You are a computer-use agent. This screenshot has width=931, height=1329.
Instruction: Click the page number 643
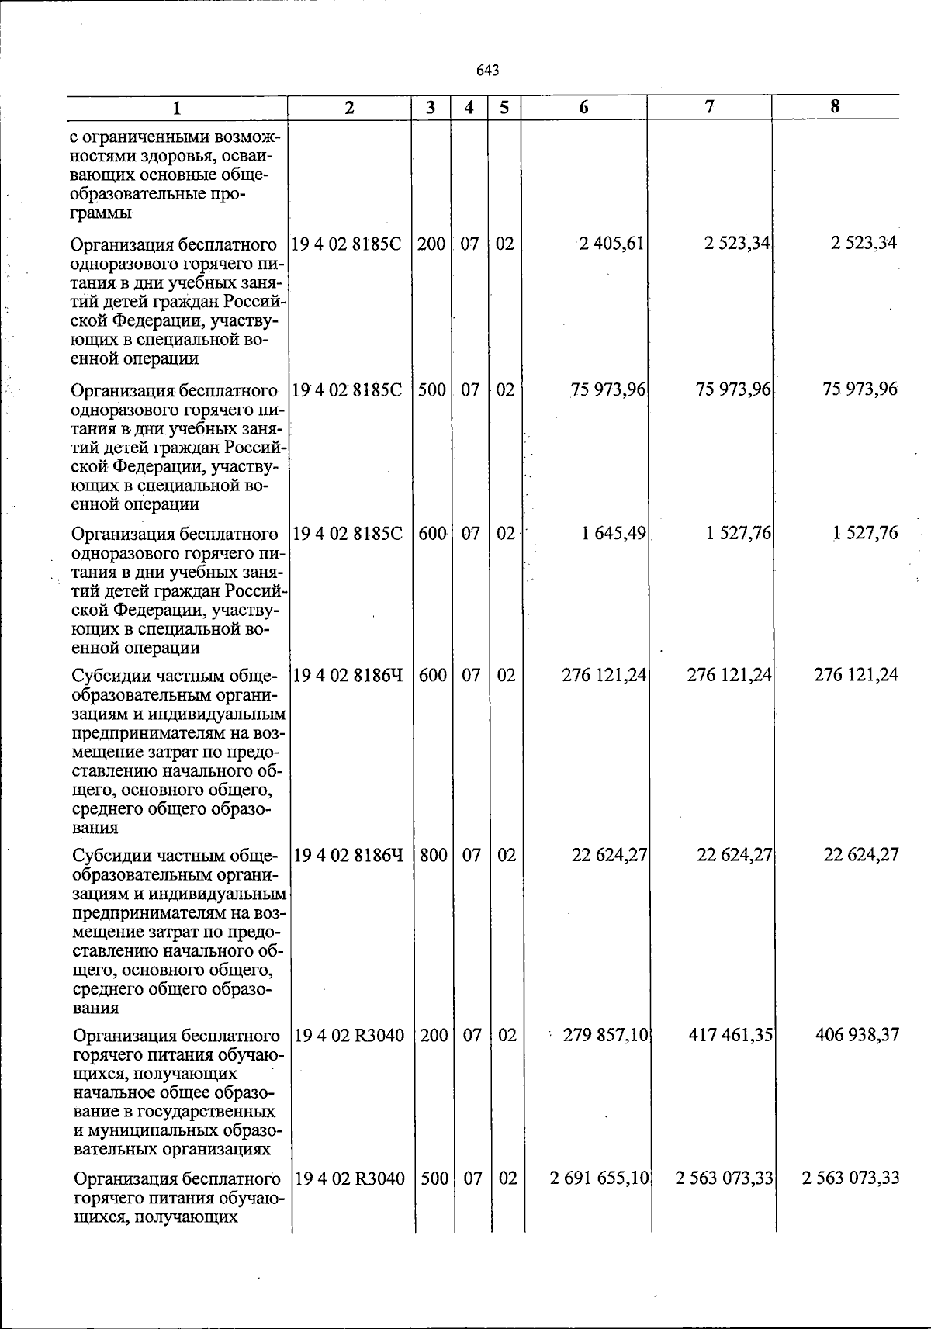(x=487, y=71)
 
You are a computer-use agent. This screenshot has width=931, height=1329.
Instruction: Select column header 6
(x=583, y=108)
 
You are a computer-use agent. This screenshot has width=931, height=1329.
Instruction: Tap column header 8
(x=835, y=107)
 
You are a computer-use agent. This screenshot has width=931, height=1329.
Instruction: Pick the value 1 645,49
(x=614, y=533)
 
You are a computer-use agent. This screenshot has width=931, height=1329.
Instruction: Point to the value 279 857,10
(x=606, y=1035)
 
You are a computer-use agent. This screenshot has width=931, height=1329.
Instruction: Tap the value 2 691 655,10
(x=599, y=1178)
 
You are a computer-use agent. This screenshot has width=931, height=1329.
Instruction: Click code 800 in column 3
(x=433, y=855)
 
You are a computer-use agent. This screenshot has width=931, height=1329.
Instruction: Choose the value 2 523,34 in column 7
(x=737, y=244)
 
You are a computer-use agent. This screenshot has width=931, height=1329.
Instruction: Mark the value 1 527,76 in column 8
(x=865, y=533)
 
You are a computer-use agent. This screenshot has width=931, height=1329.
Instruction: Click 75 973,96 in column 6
(x=608, y=389)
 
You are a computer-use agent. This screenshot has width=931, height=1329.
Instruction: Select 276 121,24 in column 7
(x=729, y=675)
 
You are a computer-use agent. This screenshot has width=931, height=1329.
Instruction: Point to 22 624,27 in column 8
(x=861, y=855)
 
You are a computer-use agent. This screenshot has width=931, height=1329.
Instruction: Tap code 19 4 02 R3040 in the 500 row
(x=350, y=1178)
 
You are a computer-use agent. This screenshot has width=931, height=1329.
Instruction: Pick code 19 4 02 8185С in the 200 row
(x=348, y=244)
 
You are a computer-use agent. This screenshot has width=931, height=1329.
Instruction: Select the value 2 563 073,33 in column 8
(x=851, y=1178)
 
